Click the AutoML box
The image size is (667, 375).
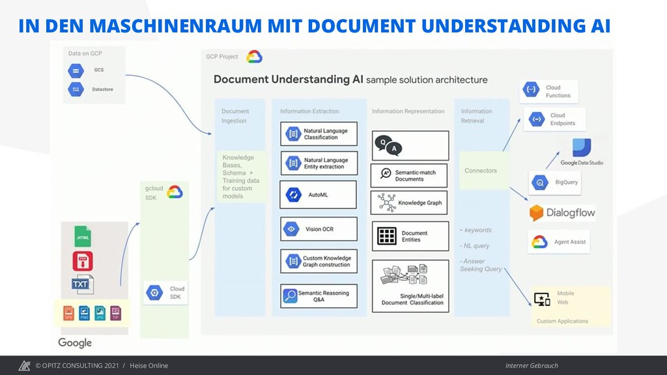coord(319,195)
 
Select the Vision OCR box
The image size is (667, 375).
coord(319,229)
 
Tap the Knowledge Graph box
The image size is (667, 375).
coord(410,202)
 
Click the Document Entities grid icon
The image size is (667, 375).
coord(387,236)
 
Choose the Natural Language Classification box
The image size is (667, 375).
coord(319,134)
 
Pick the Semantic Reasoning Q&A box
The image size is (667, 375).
coord(319,296)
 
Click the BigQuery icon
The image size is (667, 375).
coord(540,183)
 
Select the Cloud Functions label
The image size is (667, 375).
coord(558,92)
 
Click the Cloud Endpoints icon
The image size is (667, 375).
coord(537,119)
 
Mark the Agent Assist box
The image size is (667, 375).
coord(559,242)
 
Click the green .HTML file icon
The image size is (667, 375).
coord(83,236)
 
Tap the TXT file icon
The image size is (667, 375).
coord(82,285)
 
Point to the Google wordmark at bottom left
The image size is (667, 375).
coord(75,342)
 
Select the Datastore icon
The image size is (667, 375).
coord(76,89)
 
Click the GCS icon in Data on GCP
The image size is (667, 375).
coord(76,70)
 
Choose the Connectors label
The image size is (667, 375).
coord(481,171)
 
